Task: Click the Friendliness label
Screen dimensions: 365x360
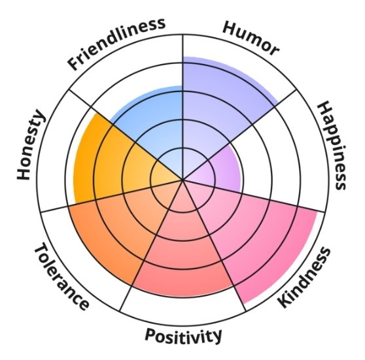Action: coord(116,44)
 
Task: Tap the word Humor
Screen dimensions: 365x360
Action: coord(251,39)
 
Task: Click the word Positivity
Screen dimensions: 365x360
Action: coord(183,336)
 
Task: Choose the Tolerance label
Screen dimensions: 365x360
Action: coord(61,276)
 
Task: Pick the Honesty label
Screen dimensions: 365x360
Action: coord(30,144)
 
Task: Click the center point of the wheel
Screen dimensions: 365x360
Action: coord(183,180)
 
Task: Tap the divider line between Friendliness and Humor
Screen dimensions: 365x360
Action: coord(183,107)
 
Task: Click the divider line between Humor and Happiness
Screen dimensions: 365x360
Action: coord(240,135)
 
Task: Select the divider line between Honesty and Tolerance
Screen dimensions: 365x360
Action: coord(112,195)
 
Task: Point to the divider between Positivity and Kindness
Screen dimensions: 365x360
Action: coord(215,246)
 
